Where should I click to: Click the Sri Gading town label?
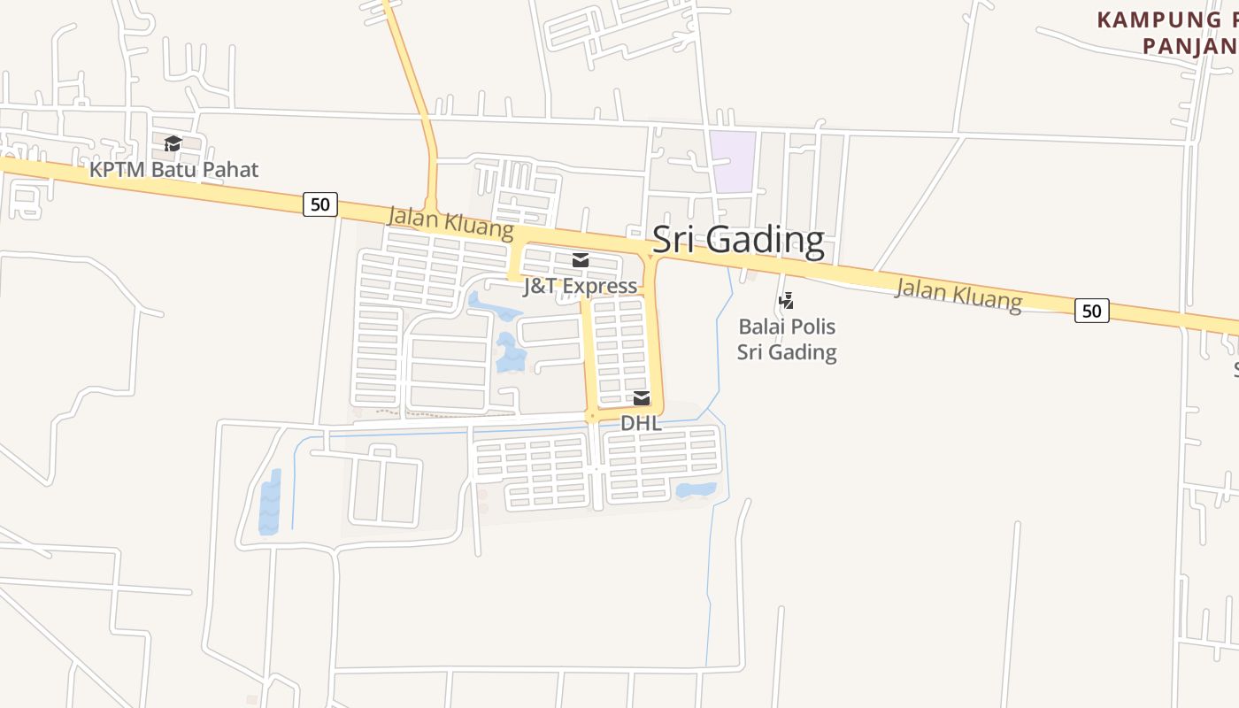click(738, 240)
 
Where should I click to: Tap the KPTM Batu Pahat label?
click(174, 169)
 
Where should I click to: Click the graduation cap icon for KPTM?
click(173, 143)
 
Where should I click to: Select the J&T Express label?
click(580, 286)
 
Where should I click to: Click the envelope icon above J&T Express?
click(581, 260)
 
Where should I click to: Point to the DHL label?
click(641, 423)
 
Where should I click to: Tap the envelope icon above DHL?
click(642, 398)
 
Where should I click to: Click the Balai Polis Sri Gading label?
click(787, 339)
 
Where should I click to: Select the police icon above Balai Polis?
click(786, 301)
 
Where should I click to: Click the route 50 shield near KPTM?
click(319, 204)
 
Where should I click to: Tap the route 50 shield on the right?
click(1091, 311)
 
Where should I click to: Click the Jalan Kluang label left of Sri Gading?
click(450, 222)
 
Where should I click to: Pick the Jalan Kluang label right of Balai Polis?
click(958, 294)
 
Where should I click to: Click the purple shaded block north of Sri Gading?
click(734, 161)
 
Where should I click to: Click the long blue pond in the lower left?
click(270, 503)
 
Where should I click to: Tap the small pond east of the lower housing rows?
click(696, 489)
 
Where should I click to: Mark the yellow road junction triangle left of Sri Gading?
click(650, 257)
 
